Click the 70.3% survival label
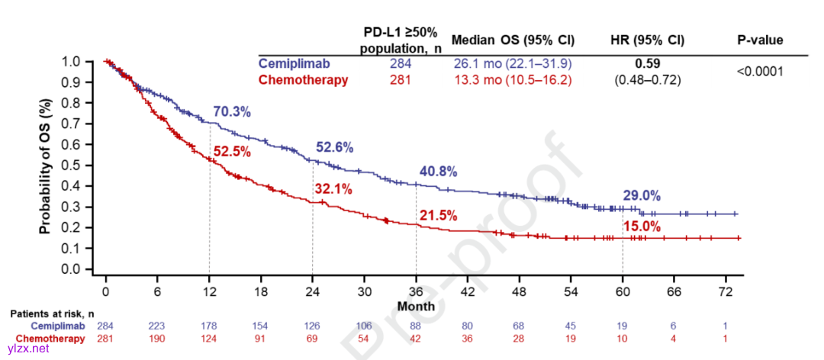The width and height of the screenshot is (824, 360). pos(231,113)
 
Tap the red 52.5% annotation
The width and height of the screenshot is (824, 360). pos(232,152)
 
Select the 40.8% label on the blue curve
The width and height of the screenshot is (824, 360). pos(437,172)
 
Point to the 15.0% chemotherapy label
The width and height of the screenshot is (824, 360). pos(642,226)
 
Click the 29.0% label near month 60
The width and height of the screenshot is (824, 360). pos(642,196)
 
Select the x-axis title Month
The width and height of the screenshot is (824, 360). pos(416,306)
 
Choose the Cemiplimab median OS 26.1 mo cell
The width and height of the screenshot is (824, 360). pos(513,63)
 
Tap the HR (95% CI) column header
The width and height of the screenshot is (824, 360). pos(648,40)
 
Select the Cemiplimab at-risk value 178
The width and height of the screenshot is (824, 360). pos(209,326)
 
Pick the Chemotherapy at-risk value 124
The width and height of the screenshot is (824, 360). pos(209,339)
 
